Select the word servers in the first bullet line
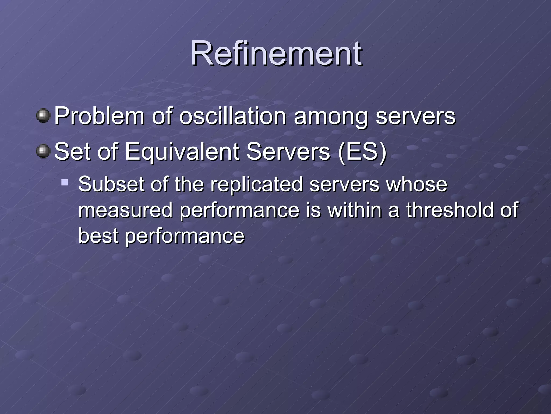click(415, 117)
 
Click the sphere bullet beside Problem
click(43, 116)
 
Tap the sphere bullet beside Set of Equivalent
click(43, 151)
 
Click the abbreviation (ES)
click(362, 152)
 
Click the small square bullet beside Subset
click(65, 183)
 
